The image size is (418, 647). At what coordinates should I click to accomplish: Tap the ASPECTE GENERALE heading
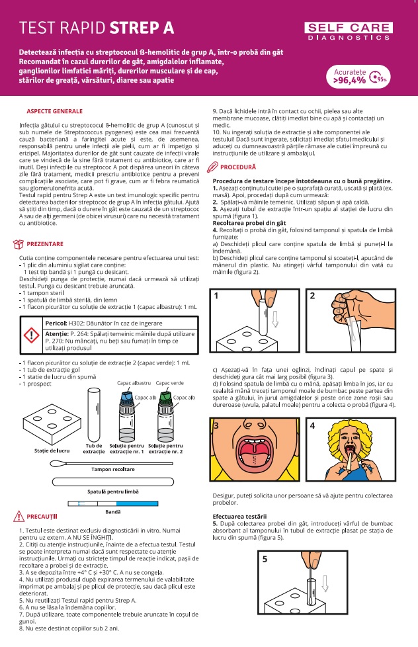tap(54, 110)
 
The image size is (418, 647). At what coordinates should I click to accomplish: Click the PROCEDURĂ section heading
tap(239, 167)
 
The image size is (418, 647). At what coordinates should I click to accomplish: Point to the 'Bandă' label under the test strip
tap(113, 512)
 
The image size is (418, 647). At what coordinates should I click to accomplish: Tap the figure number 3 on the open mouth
tap(216, 425)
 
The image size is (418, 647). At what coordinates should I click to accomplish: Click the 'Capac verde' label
tap(169, 383)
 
